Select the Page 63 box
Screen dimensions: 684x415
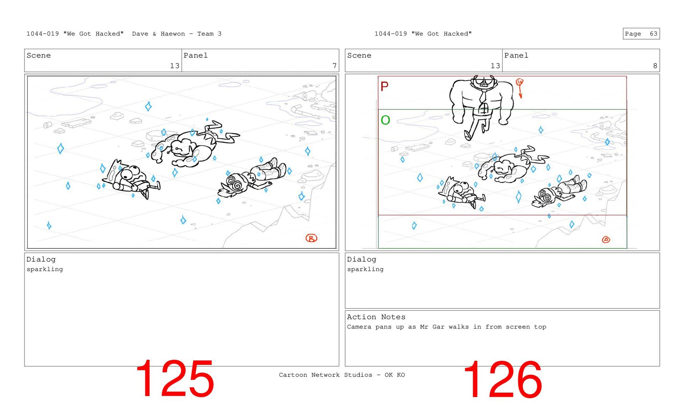coord(641,33)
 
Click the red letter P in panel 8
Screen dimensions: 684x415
coord(384,86)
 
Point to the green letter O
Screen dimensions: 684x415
coord(385,120)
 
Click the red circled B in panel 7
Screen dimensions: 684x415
coord(311,238)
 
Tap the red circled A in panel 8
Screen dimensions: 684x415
coord(606,240)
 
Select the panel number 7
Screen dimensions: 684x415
coord(335,65)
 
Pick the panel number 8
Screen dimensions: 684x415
coord(655,65)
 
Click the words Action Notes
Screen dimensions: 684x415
coord(376,317)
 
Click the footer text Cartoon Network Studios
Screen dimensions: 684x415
coord(326,375)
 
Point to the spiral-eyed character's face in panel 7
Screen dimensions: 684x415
coord(235,183)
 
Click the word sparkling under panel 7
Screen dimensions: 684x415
coord(45,269)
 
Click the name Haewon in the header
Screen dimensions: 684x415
coord(173,33)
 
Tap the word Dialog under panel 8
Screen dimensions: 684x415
coord(362,259)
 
